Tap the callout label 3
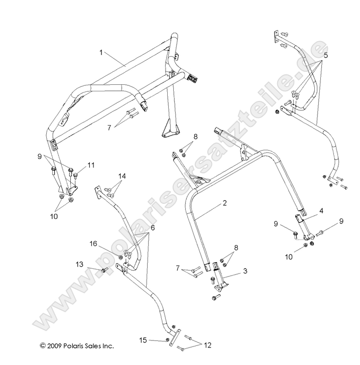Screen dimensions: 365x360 click(245, 271)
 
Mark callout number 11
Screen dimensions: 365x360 click(91, 165)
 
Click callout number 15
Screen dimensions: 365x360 click(143, 340)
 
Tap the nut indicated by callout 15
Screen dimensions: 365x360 click(167, 341)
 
